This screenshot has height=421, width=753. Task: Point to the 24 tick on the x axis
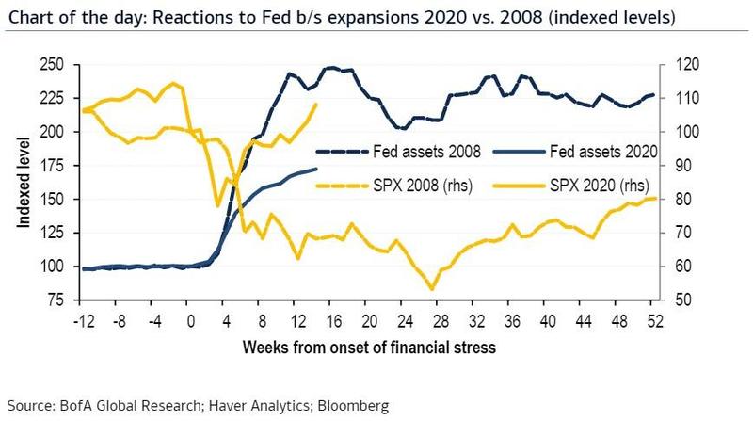click(407, 319)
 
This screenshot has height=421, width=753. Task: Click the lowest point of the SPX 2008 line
click(432, 289)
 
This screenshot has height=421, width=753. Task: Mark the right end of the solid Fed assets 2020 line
click(317, 169)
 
